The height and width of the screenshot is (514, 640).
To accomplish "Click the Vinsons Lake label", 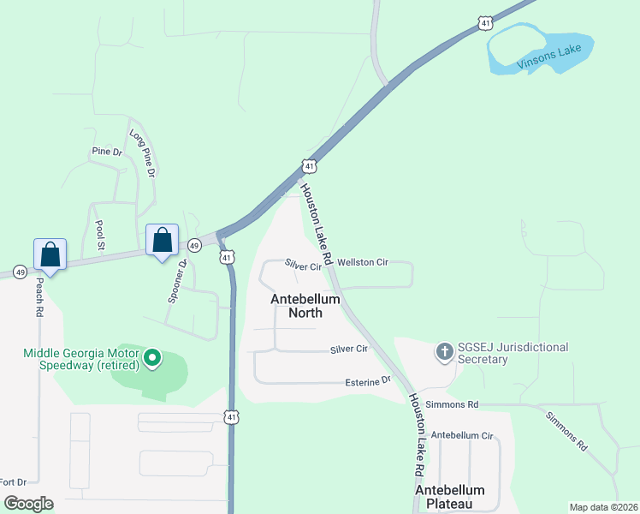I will point(549,57).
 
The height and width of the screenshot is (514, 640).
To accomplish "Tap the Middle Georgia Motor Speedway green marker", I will point(153,357).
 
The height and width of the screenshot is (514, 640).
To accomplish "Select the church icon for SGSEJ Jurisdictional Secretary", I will point(444,351).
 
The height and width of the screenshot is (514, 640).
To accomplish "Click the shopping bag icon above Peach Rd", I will point(50,254).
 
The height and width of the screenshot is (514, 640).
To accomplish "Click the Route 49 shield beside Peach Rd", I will point(19,272).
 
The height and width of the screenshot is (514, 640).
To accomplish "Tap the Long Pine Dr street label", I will point(143,152).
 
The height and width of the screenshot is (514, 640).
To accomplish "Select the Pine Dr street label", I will point(107,152).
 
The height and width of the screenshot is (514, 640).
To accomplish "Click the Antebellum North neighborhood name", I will point(305,306).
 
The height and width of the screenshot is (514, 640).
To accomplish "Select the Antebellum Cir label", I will point(463,435).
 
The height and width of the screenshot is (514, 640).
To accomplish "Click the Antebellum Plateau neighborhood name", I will point(450,496).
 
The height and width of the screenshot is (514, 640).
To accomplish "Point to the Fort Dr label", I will point(13,481).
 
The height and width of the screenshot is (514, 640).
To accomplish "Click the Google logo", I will point(28,504).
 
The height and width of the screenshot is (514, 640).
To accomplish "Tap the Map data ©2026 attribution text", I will point(603,507).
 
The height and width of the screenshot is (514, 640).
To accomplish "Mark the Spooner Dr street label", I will point(181,272).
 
